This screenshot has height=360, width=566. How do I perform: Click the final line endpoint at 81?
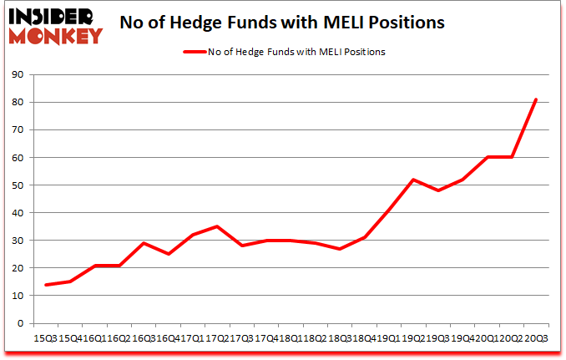tap(536, 100)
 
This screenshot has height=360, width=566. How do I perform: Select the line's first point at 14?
tap(45, 285)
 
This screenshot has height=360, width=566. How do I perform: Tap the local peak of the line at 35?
tap(217, 226)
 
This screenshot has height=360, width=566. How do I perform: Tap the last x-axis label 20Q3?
tap(536, 337)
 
